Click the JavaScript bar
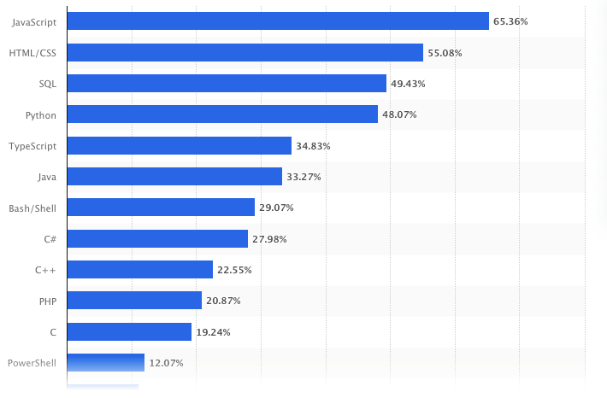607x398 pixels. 277,21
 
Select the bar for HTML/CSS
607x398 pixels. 245,53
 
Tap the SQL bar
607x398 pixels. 226,84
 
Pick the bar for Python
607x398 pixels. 221,114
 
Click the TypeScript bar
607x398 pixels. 179,146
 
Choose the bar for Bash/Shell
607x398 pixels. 160,208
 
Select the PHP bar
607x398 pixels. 133,301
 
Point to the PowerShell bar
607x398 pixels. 105,363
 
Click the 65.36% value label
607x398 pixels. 511,22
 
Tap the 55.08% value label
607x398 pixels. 445,53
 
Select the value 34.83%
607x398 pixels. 313,146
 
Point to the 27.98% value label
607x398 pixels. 269,239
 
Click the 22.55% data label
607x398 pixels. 234,270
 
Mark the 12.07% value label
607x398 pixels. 166,363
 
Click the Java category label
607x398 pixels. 47,177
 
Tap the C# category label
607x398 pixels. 50,239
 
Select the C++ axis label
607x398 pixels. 46,270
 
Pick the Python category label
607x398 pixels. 42,114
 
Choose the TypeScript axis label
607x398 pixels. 32,146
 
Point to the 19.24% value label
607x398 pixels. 214,332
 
